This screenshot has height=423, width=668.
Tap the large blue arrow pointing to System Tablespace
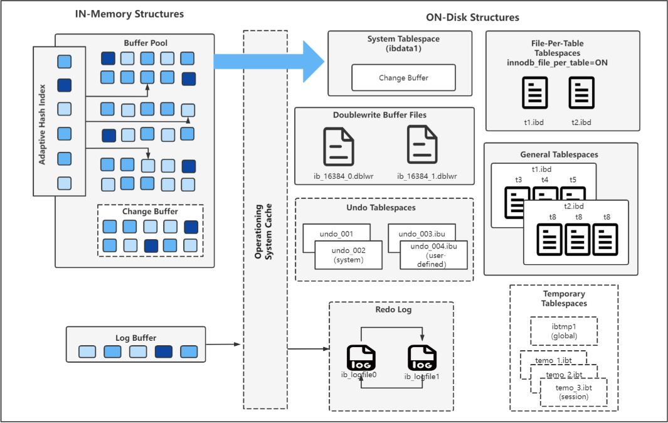click(x=270, y=61)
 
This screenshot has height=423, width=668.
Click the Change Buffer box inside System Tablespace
click(x=403, y=78)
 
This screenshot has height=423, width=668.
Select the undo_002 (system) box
click(x=349, y=255)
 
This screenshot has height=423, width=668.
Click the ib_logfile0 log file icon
click(x=361, y=358)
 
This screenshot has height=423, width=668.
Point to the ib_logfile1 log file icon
click(x=421, y=358)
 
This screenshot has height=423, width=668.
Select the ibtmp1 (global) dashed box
click(x=564, y=331)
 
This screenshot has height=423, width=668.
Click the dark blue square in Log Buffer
click(x=164, y=351)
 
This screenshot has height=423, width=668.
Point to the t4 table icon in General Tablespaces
click(x=544, y=194)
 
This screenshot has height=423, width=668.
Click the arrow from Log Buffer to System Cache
click(x=224, y=345)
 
